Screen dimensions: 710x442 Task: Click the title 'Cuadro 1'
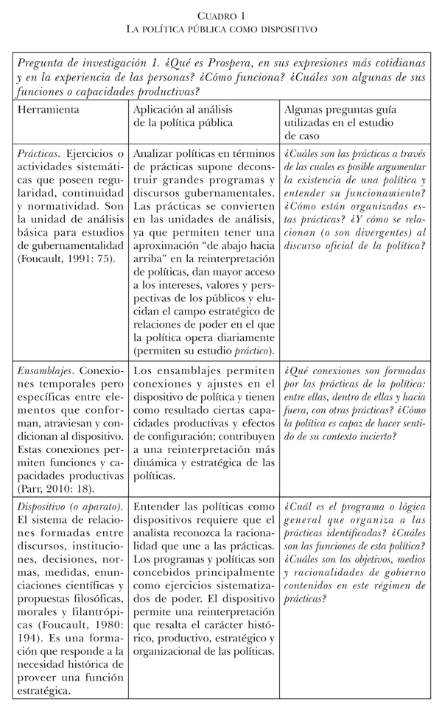(220, 15)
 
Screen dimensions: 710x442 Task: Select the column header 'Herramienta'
(49, 110)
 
